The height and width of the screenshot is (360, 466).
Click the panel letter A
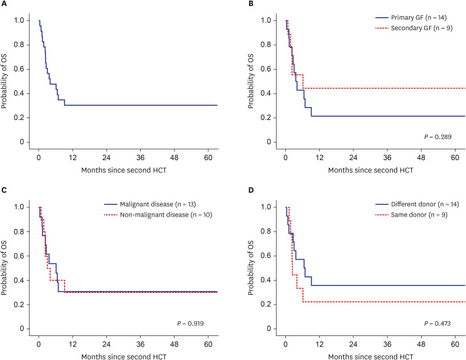4,4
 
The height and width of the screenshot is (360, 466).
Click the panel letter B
251,4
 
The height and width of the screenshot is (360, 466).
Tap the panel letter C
4,190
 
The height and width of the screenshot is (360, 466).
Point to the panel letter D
251,190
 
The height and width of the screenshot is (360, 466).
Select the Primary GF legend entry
411,18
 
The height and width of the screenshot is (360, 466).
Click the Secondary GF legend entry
414,28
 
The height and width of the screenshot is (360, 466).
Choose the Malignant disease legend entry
150,204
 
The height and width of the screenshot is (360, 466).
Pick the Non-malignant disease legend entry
158,215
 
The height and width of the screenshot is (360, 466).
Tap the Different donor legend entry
417,204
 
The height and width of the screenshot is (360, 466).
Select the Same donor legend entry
411,215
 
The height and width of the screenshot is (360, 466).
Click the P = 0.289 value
438,137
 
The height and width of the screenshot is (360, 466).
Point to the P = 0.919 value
191,324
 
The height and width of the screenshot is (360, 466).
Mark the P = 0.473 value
438,324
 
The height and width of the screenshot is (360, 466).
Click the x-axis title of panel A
124,170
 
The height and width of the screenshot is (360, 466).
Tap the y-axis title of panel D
251,268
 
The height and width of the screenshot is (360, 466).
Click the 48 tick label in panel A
175,158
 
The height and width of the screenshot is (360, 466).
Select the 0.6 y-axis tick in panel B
266,70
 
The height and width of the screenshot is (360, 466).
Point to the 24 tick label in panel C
106,344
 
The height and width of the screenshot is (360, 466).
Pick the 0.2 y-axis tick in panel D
266,305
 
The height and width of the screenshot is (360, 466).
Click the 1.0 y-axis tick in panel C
19,207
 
